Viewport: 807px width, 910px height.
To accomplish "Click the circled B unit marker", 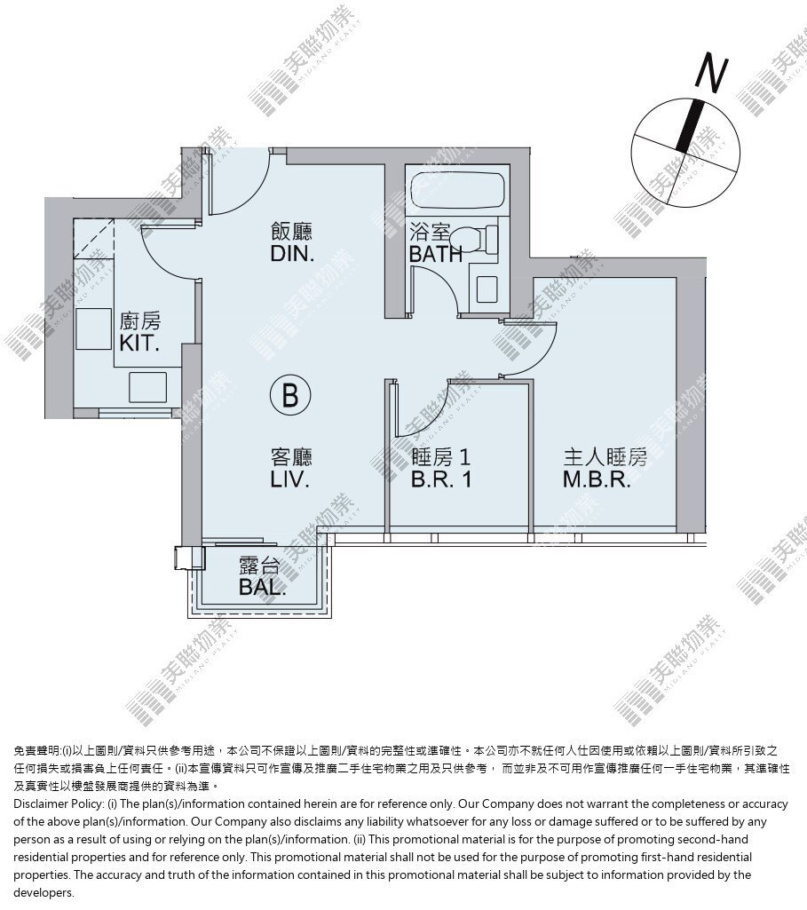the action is click(x=290, y=395).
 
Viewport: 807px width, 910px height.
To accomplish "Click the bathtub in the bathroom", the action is click(x=458, y=189).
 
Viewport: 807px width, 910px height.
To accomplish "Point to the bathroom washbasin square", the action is click(x=487, y=289).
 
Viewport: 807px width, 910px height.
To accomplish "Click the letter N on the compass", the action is click(x=711, y=72).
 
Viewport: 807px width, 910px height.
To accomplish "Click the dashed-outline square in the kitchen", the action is click(x=95, y=239).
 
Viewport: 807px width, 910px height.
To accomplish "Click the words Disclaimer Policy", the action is click(x=58, y=803).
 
